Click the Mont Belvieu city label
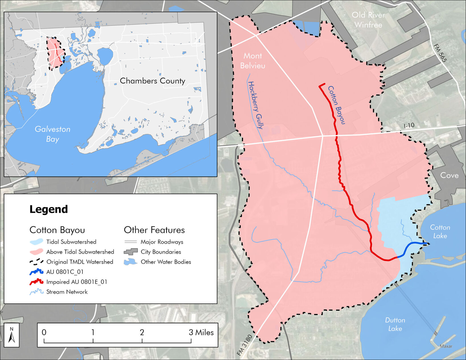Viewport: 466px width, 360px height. tap(253, 61)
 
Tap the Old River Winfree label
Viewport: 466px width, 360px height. tap(368, 20)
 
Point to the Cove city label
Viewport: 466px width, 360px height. tap(449, 175)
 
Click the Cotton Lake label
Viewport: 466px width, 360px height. tap(440, 231)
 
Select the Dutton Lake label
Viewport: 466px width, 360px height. tap(395, 324)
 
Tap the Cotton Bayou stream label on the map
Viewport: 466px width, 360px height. tap(336, 105)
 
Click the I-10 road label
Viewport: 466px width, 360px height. tap(409, 125)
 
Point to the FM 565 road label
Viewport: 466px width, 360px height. tap(440, 53)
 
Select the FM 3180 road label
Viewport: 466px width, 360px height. tap(244, 345)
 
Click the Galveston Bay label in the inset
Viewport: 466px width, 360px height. tap(53, 134)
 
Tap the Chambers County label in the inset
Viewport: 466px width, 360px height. tap(152, 81)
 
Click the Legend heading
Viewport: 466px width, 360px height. tap(49, 209)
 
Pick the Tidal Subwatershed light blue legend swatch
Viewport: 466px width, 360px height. tap(36, 242)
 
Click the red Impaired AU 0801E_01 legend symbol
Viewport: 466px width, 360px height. tap(36, 282)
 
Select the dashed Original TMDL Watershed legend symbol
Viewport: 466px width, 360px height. tap(36, 262)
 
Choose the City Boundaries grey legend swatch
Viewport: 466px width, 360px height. tap(131, 252)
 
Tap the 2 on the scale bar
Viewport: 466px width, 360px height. tap(142, 332)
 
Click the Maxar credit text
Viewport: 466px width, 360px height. tap(446, 346)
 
